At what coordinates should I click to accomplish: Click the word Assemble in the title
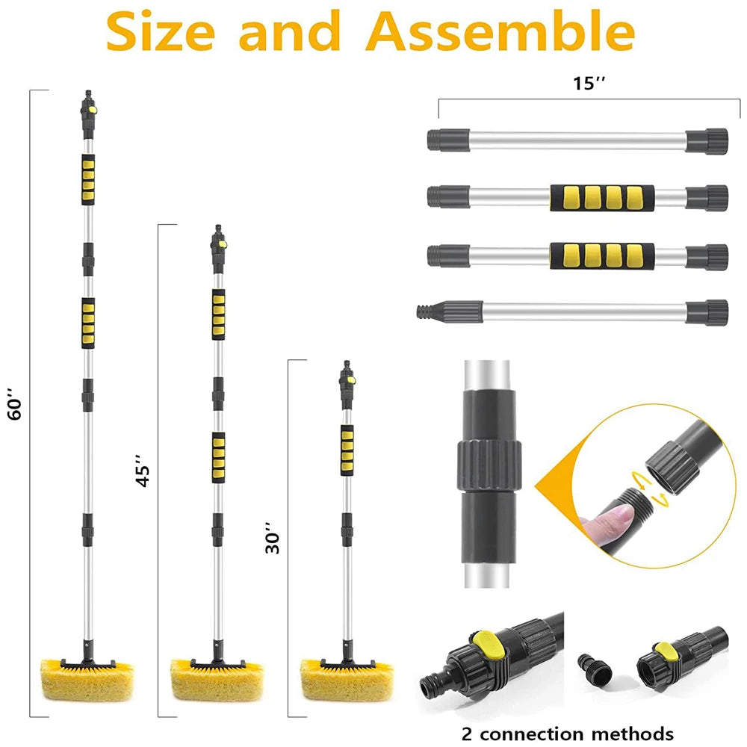[x=503, y=31]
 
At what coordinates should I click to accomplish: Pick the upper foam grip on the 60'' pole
[x=88, y=179]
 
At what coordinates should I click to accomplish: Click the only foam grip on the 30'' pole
[x=347, y=450]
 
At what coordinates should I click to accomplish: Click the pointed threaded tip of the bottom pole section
[x=427, y=311]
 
